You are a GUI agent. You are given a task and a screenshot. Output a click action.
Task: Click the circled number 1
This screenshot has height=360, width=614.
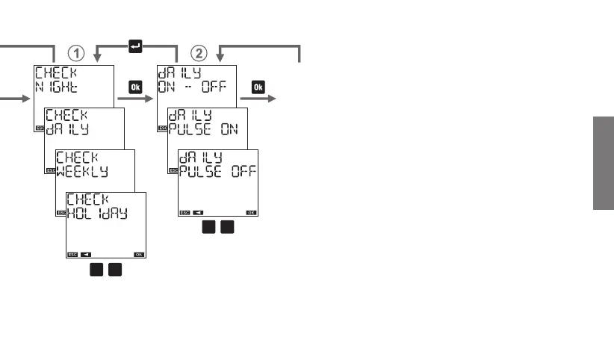pyautogui.click(x=75, y=52)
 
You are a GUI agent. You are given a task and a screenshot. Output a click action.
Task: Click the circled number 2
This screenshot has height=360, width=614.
pyautogui.click(x=198, y=52)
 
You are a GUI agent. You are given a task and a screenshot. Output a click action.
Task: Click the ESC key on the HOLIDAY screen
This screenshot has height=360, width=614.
pyautogui.click(x=72, y=254)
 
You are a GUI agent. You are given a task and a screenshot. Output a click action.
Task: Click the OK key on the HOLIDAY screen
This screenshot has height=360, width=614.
pyautogui.click(x=139, y=254)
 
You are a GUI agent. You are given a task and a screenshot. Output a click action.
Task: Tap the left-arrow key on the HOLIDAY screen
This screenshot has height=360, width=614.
pyautogui.click(x=86, y=254)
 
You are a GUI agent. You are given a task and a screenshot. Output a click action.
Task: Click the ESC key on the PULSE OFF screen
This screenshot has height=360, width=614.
pyautogui.click(x=184, y=212)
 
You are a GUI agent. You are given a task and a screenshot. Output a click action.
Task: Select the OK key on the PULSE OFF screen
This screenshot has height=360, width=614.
pyautogui.click(x=251, y=212)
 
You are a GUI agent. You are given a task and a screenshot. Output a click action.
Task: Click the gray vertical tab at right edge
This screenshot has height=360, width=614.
pyautogui.click(x=604, y=164)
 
